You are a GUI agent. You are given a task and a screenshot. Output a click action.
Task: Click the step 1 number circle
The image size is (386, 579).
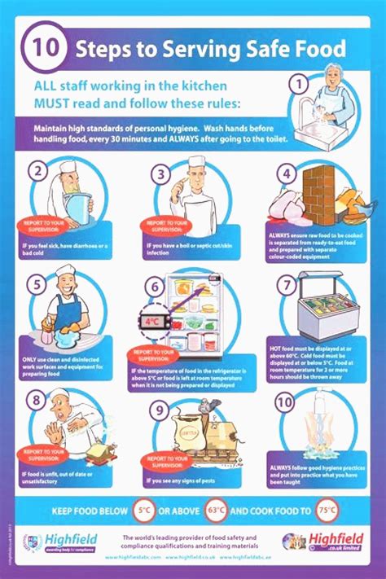299,83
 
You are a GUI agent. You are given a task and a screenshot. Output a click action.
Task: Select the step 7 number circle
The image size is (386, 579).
286,285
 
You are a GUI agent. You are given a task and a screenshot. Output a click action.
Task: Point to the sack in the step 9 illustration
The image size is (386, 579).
190,428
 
